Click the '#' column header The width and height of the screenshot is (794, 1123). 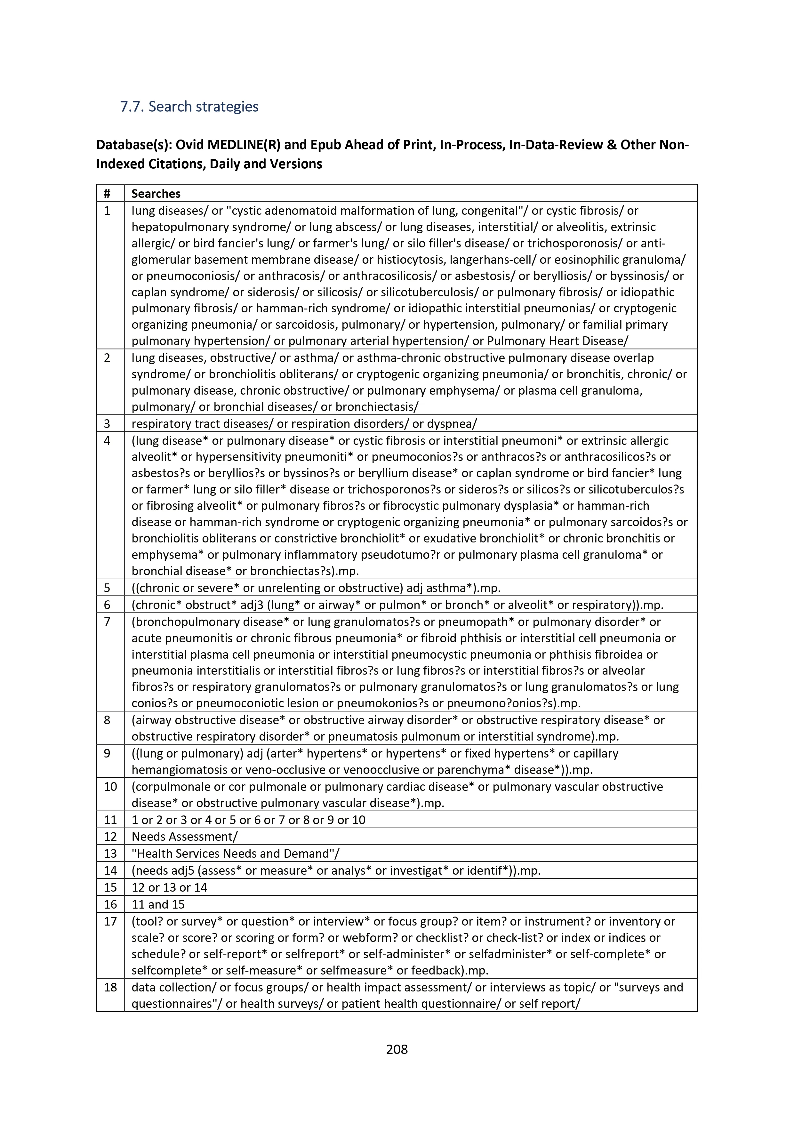107,194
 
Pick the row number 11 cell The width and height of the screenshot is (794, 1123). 110,820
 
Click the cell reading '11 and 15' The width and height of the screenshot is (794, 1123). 158,904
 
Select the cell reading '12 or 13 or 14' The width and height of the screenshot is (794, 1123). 169,887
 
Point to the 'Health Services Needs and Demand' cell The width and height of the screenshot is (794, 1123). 235,854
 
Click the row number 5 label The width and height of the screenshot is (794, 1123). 107,588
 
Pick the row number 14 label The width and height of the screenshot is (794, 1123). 110,870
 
